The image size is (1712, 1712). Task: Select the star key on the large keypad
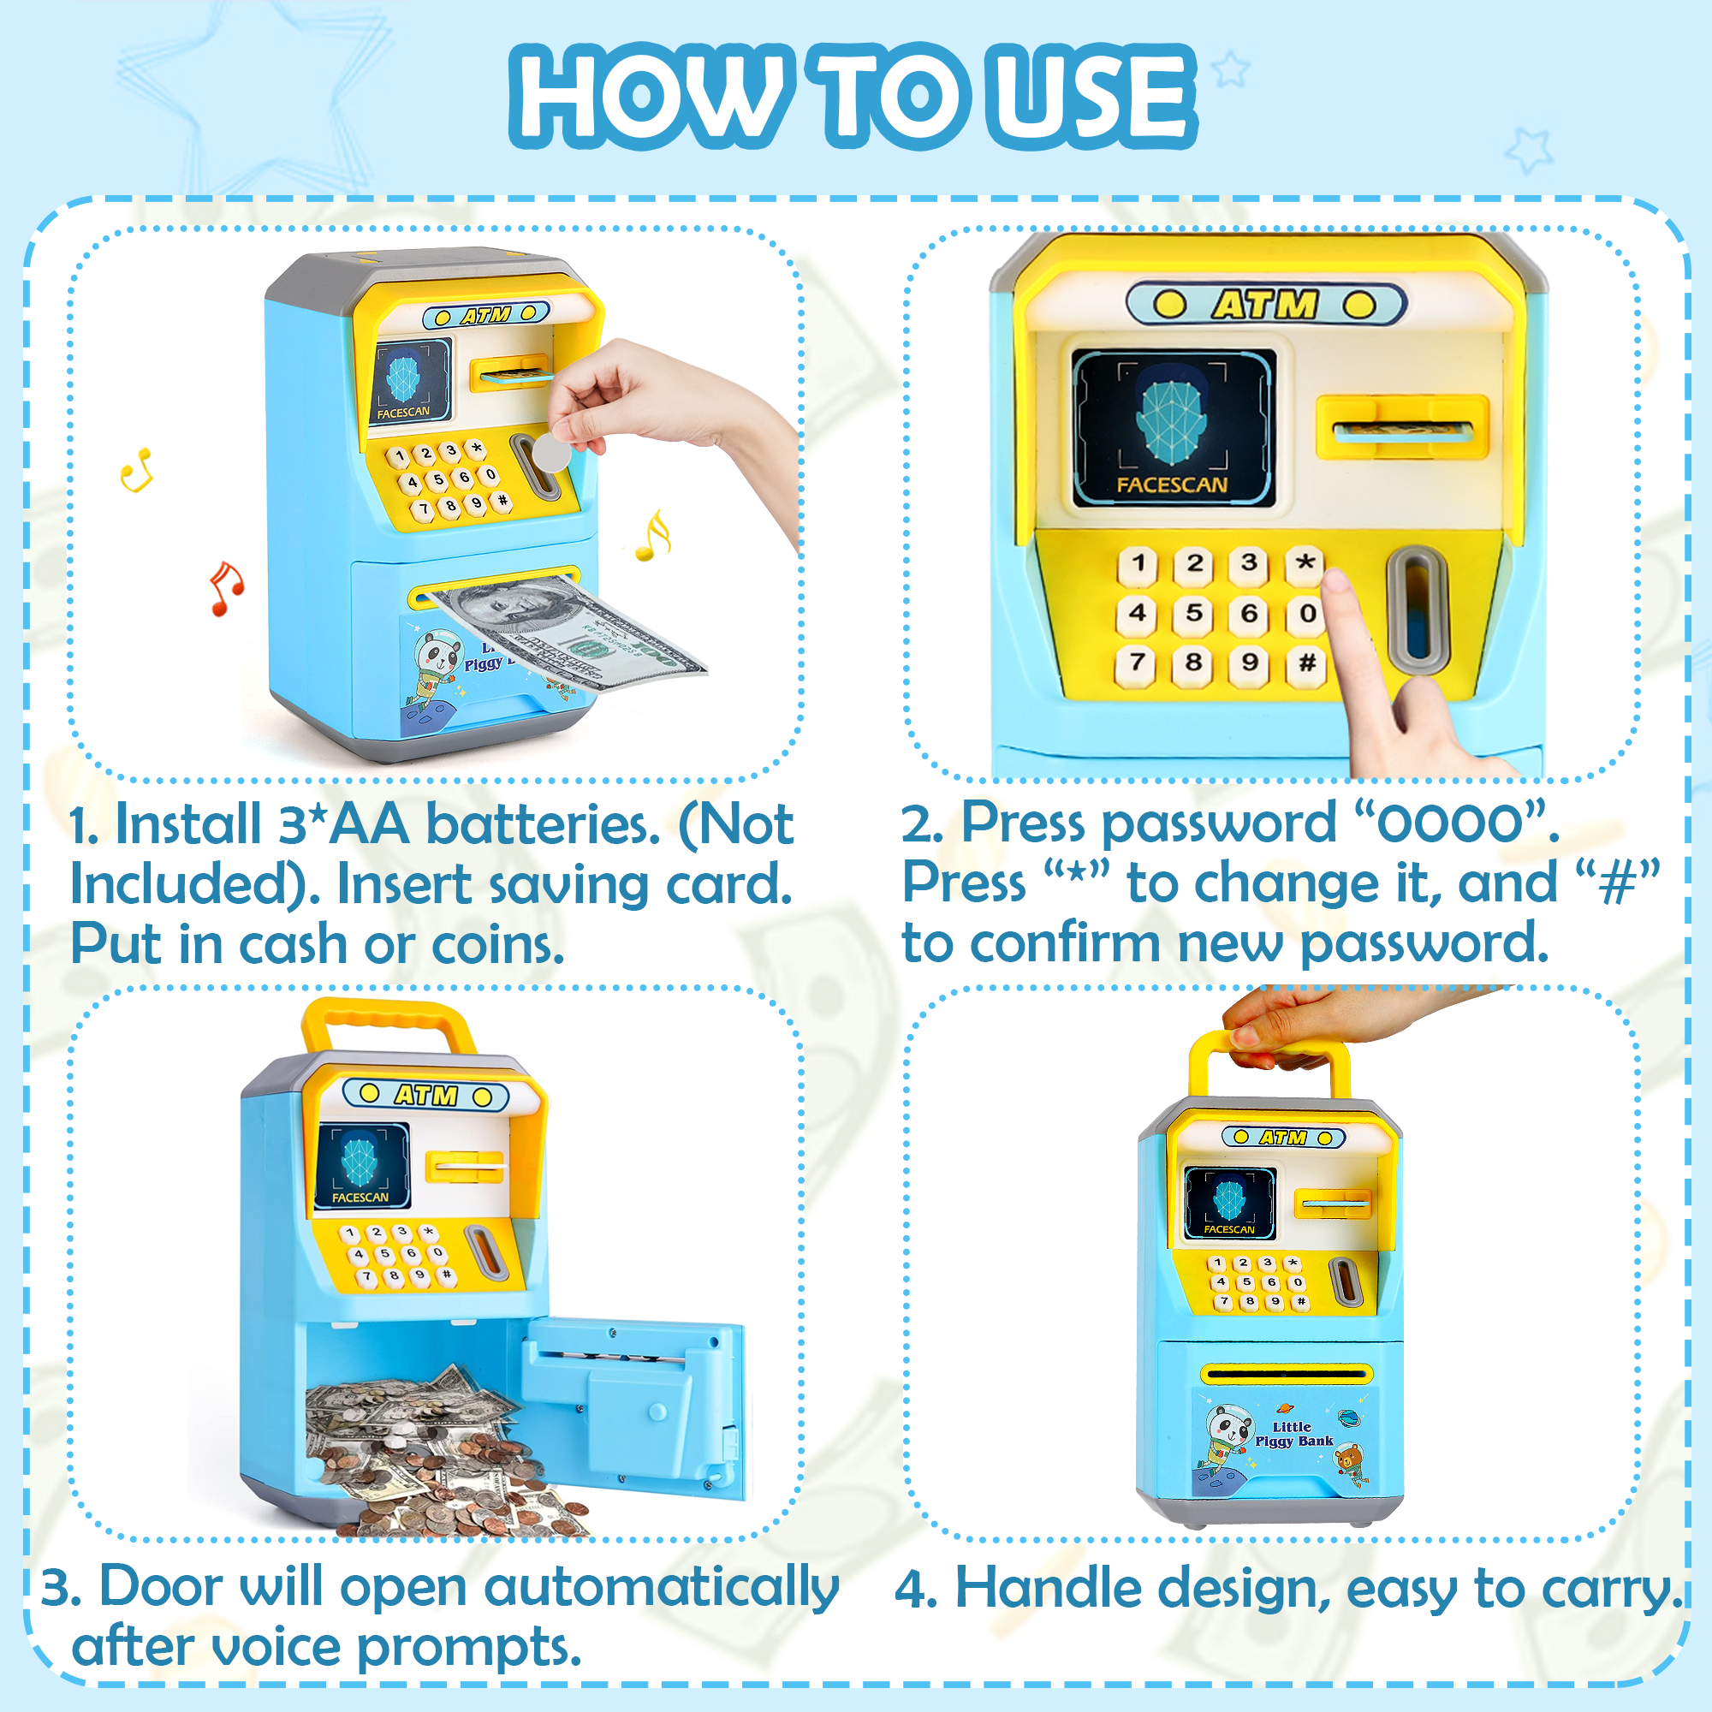(1305, 563)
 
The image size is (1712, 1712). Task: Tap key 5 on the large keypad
(1193, 613)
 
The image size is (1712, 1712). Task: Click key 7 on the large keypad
(1138, 663)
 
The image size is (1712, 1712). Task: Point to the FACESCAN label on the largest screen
(1172, 484)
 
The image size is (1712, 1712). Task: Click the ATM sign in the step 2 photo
(1265, 305)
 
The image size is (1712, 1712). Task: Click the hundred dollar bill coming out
(576, 633)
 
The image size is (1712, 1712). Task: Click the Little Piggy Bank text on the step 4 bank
(1293, 1434)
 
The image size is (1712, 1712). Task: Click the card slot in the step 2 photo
(1402, 431)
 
